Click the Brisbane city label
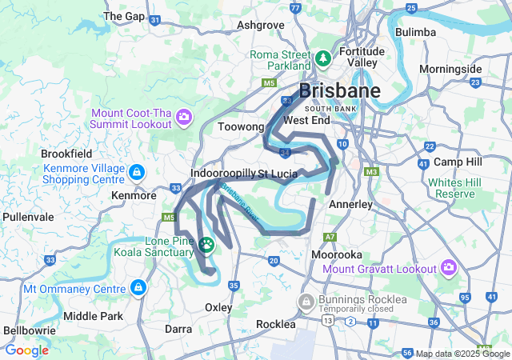340,90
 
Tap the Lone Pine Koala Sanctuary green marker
207,245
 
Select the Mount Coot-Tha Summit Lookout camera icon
183,118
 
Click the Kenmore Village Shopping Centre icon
137,172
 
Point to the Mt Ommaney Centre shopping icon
138,287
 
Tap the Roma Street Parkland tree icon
322,58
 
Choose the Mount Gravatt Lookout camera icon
449,267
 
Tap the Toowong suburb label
241,126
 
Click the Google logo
26,350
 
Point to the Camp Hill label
455,162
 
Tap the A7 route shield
330,238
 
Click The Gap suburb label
124,16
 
